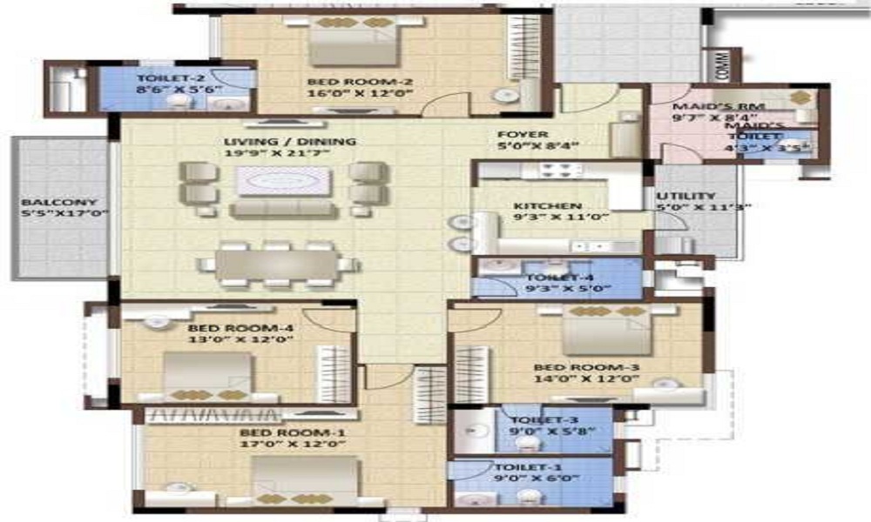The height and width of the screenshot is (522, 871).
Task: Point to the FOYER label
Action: pyautogui.click(x=523, y=135)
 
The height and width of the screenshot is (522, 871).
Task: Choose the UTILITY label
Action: pyautogui.click(x=686, y=197)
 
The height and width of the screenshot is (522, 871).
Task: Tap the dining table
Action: pyautogui.click(x=275, y=264)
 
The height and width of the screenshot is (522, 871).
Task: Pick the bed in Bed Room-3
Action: pyautogui.click(x=606, y=331)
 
